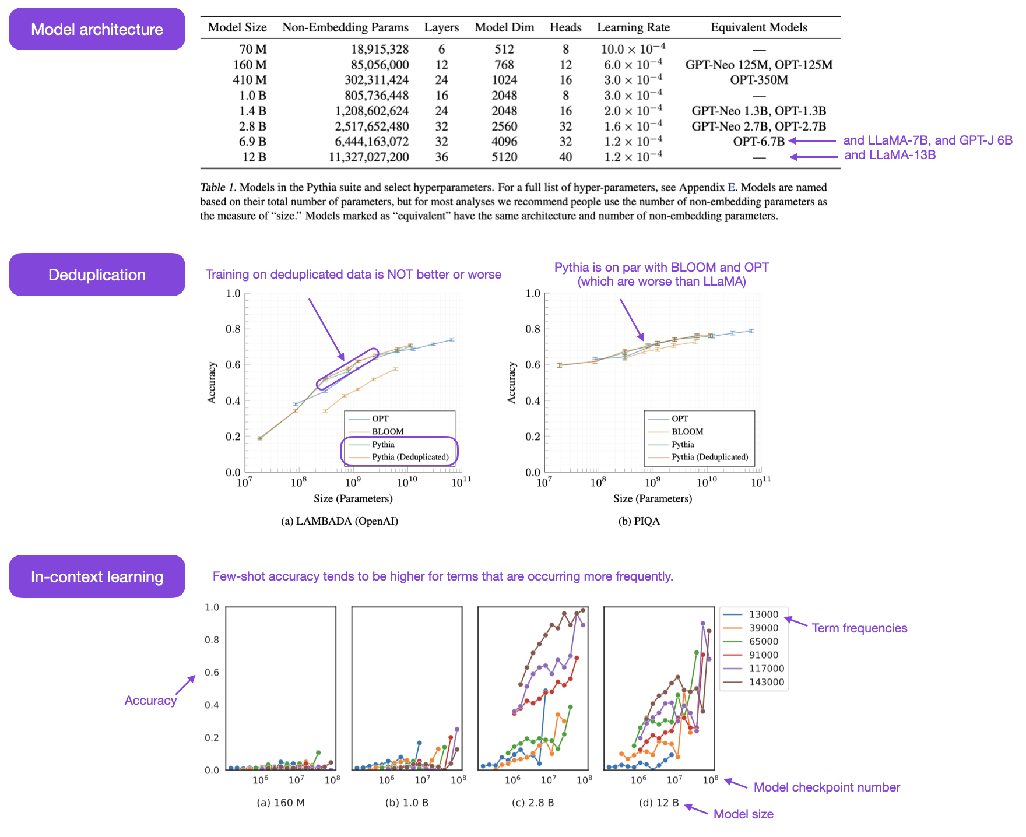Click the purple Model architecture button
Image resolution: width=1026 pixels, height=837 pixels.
click(97, 29)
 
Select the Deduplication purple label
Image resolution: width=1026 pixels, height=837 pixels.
click(97, 275)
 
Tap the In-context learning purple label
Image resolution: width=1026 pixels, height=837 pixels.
click(97, 576)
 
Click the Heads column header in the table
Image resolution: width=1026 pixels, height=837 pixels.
click(565, 27)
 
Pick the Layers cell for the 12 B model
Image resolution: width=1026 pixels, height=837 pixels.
click(441, 157)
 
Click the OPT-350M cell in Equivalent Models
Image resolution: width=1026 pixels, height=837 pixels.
click(758, 80)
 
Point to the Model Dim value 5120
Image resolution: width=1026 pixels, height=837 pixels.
click(504, 157)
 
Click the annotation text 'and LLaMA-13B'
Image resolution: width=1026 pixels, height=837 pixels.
click(890, 155)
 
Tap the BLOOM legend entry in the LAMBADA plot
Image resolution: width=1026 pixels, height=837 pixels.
click(388, 431)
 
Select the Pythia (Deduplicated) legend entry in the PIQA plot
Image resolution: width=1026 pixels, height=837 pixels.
click(709, 457)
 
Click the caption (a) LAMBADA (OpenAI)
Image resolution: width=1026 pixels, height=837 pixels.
click(339, 521)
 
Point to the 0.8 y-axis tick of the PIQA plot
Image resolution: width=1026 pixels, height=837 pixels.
click(533, 329)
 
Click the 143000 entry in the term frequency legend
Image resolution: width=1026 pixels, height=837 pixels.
click(766, 682)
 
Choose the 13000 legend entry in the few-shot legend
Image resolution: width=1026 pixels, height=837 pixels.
click(763, 614)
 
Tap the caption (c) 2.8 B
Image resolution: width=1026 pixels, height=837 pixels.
click(532, 803)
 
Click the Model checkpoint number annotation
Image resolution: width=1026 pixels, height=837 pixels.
click(826, 787)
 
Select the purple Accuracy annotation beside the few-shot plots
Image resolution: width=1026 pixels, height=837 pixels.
click(150, 701)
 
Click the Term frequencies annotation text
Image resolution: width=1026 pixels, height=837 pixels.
click(859, 628)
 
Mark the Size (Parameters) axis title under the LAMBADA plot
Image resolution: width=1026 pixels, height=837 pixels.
click(353, 498)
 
